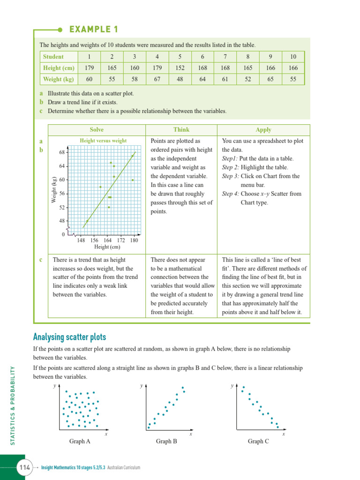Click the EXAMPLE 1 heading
point(93,30)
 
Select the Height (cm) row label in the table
point(59,68)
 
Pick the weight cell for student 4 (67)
point(157,79)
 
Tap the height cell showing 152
point(180,68)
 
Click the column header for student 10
point(293,57)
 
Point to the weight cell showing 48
point(180,79)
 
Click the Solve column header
point(97,130)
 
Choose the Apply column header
point(263,130)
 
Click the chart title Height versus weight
point(103,140)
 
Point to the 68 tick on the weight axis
point(62,152)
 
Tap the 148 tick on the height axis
point(81,240)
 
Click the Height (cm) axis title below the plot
point(107,247)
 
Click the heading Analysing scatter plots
point(69,337)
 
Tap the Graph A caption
point(80,441)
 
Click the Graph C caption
point(258,441)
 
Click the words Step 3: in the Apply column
point(230,176)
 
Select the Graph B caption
point(166,441)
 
